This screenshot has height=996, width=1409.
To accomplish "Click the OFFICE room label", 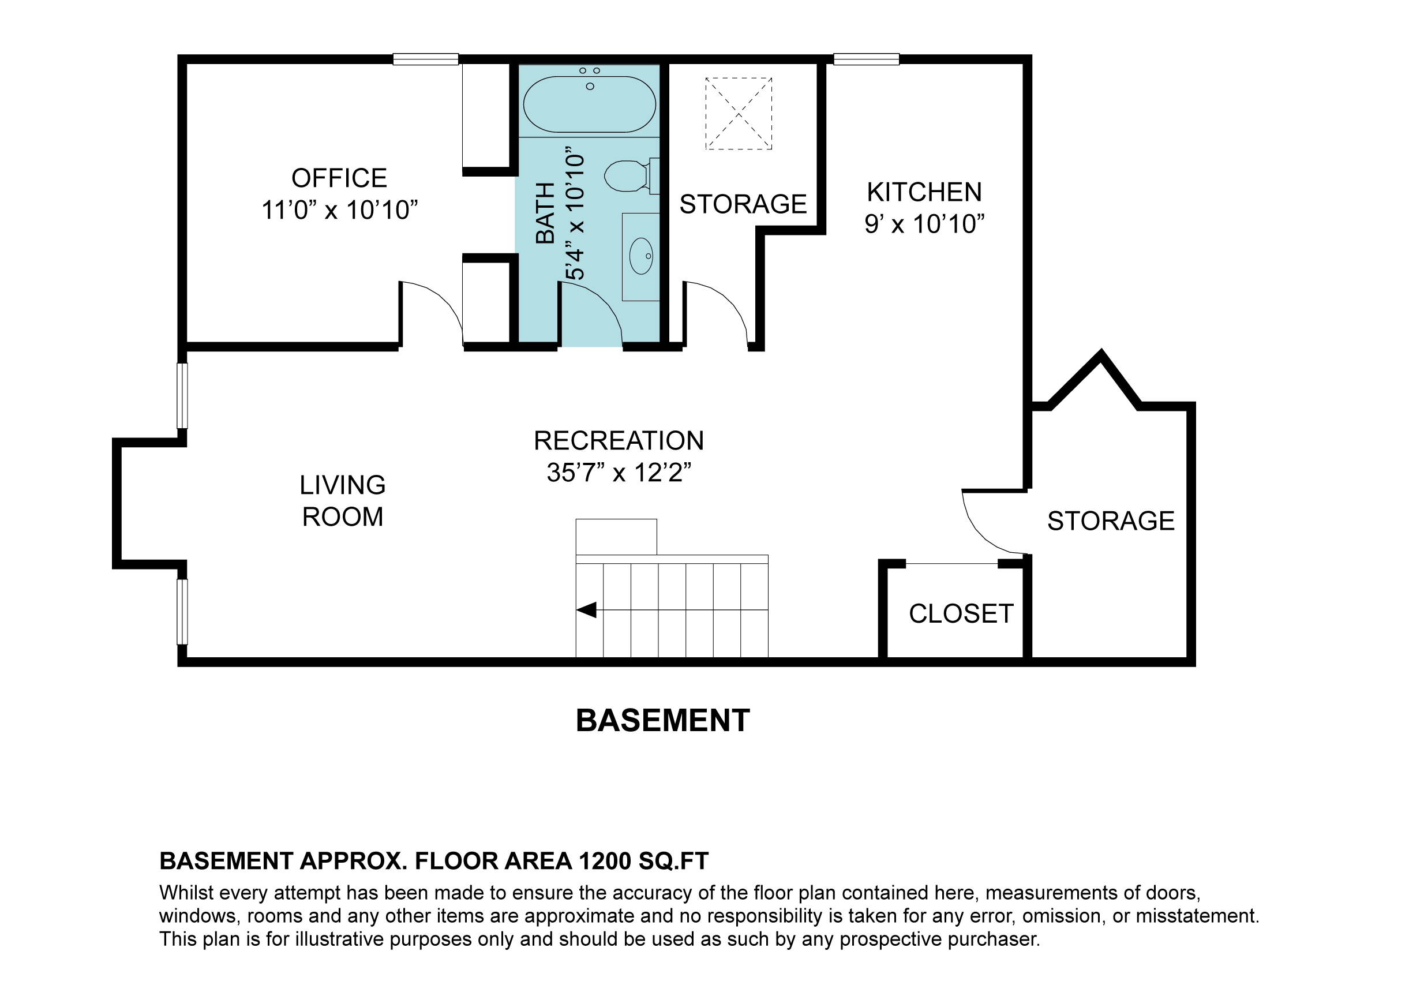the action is click(x=339, y=178).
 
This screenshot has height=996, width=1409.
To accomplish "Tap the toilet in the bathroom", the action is click(x=631, y=176).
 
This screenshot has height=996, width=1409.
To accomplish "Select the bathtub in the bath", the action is click(x=589, y=104).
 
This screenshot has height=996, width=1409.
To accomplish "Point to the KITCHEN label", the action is click(x=924, y=192).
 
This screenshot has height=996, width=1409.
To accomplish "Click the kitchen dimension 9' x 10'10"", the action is click(x=924, y=224).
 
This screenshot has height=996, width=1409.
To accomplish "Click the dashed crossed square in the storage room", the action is click(x=738, y=114).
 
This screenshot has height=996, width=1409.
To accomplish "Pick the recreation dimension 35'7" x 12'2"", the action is click(x=619, y=473).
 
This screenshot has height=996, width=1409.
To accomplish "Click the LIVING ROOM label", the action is click(x=342, y=501).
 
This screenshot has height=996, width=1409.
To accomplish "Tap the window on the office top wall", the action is click(x=425, y=59).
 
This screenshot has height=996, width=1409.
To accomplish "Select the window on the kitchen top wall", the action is click(x=866, y=59).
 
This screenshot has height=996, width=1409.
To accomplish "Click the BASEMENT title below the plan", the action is click(x=663, y=721).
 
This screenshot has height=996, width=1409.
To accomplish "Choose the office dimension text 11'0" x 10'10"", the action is click(x=339, y=210).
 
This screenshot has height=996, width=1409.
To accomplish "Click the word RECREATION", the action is click(x=619, y=441).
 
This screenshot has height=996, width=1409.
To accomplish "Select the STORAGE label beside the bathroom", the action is click(x=743, y=204).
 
